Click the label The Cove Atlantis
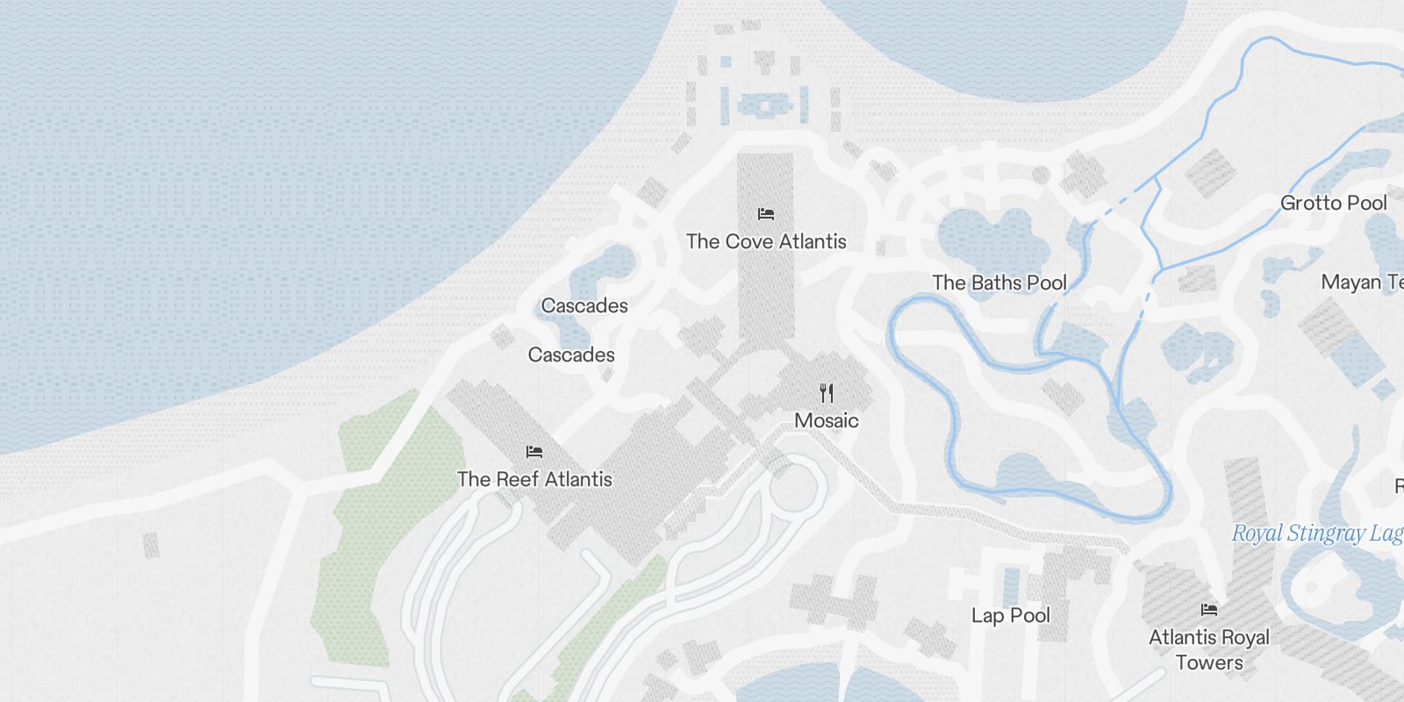pos(766,241)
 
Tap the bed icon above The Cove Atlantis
pos(766,213)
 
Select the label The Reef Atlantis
pos(534,479)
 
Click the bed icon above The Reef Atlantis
pos(534,452)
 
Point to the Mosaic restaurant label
pos(826,420)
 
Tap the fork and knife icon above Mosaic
pos(827,392)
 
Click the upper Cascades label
pos(584,305)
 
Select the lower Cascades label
pos(571,355)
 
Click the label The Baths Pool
pos(999,283)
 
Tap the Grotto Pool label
pos(1334,203)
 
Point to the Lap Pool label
pos(1011,615)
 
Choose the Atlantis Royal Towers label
pos(1209,649)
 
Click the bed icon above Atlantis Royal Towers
pos(1209,609)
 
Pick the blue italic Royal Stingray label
pos(1317,534)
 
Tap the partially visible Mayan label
pos(1362,283)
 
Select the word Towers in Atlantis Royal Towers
pos(1209,663)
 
